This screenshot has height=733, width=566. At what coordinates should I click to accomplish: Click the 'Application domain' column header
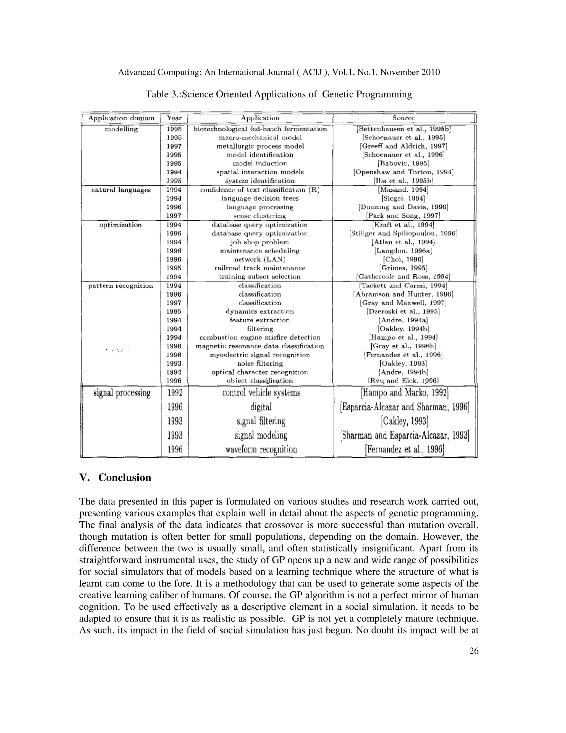[121, 118]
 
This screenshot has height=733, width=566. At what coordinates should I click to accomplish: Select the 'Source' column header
[403, 118]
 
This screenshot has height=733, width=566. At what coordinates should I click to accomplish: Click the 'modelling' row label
[121, 129]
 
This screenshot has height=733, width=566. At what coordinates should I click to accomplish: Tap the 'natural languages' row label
[121, 190]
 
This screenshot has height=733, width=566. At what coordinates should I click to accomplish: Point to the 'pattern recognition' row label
[120, 286]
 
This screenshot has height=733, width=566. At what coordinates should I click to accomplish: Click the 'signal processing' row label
[122, 393]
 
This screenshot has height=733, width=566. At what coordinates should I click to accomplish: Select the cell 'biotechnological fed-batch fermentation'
[260, 129]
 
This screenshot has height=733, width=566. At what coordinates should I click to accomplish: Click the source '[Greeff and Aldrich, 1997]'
[403, 146]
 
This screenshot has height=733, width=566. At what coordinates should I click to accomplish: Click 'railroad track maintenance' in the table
[260, 268]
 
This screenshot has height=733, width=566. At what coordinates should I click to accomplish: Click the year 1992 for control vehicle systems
[175, 393]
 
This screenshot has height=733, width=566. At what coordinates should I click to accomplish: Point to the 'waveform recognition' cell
[261, 449]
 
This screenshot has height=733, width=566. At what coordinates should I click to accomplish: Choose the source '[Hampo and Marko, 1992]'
[404, 393]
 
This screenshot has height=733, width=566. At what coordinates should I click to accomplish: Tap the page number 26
[474, 651]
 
